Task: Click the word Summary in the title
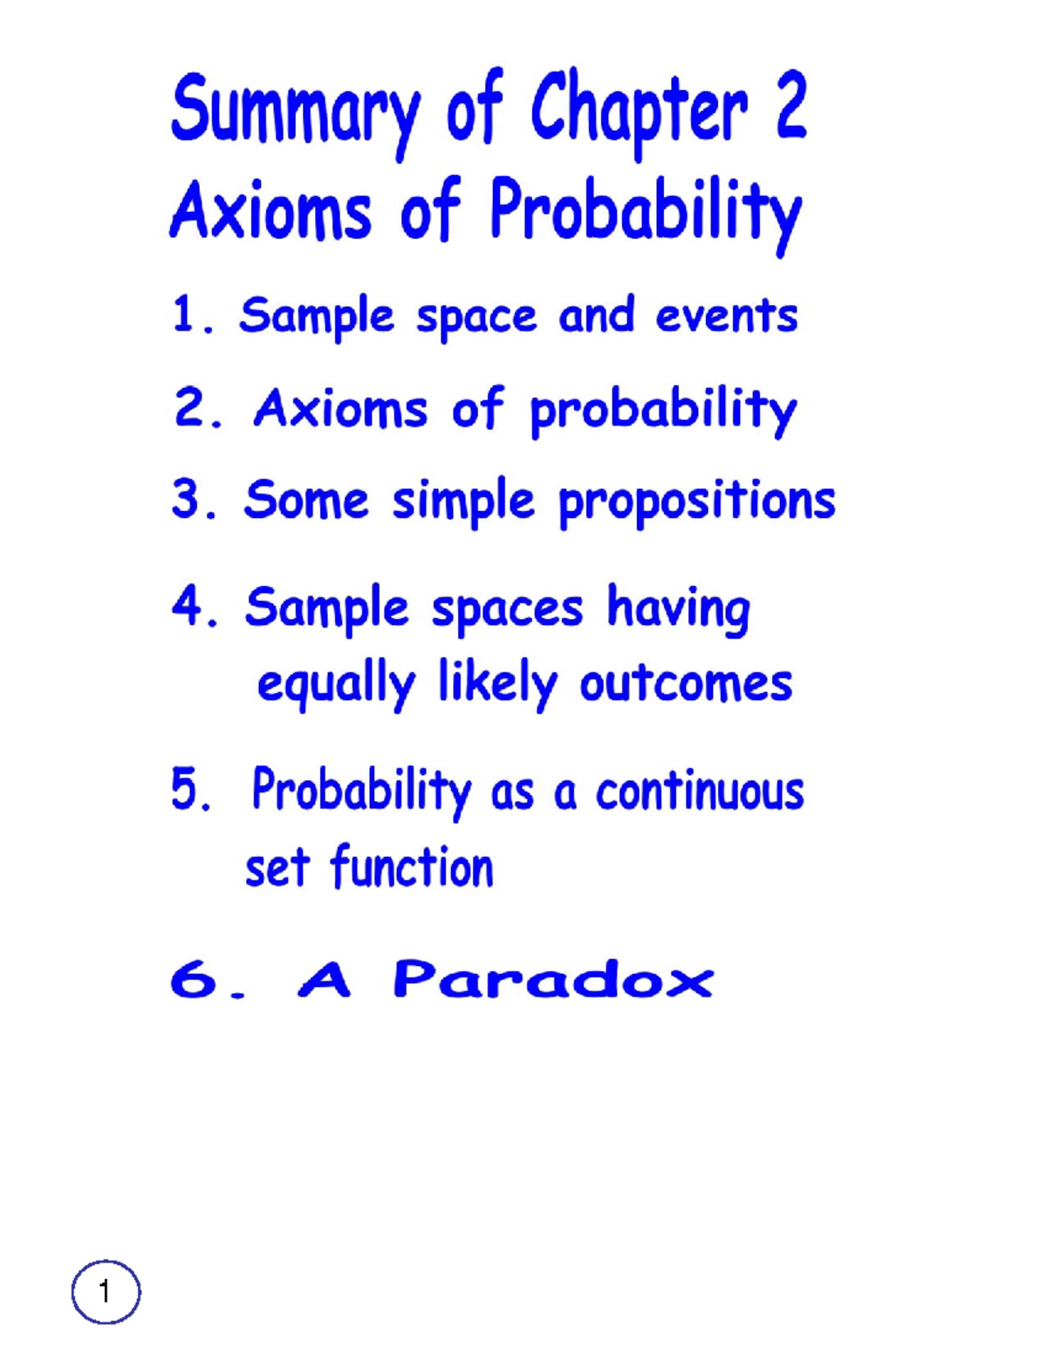[295, 111]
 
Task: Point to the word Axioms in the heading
[271, 211]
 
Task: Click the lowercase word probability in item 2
[663, 410]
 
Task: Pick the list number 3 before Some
[187, 500]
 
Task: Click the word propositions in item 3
[696, 503]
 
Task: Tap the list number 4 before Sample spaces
[188, 606]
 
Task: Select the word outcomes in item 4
[686, 683]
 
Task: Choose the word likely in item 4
[497, 683]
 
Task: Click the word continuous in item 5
[700, 792]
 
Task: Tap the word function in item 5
[412, 868]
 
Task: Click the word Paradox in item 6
[553, 979]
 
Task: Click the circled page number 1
[106, 1291]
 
